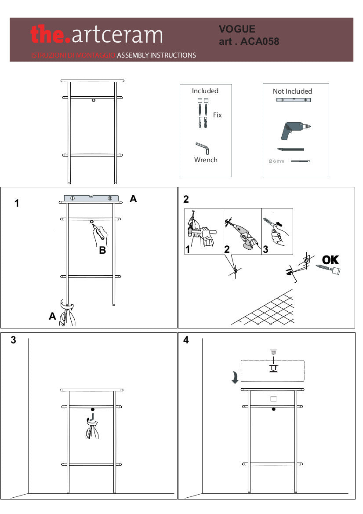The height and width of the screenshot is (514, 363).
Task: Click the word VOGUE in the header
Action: [x=237, y=29]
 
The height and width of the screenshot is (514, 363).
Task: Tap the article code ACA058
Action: [x=260, y=42]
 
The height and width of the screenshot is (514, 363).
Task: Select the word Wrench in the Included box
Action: [x=206, y=160]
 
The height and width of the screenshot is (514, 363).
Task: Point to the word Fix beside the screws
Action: [x=217, y=115]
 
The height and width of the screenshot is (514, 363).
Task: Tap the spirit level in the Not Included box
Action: [x=294, y=100]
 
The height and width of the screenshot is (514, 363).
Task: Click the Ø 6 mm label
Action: [x=276, y=161]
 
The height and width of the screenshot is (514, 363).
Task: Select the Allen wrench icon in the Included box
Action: [x=202, y=148]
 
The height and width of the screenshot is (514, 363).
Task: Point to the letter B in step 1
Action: [x=102, y=251]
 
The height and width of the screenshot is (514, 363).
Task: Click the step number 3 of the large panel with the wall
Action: [x=13, y=340]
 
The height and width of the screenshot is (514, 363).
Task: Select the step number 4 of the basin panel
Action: [x=186, y=340]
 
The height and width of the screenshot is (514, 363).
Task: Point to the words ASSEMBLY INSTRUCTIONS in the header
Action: [x=156, y=55]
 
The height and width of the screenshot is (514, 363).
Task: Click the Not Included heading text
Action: [x=292, y=91]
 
